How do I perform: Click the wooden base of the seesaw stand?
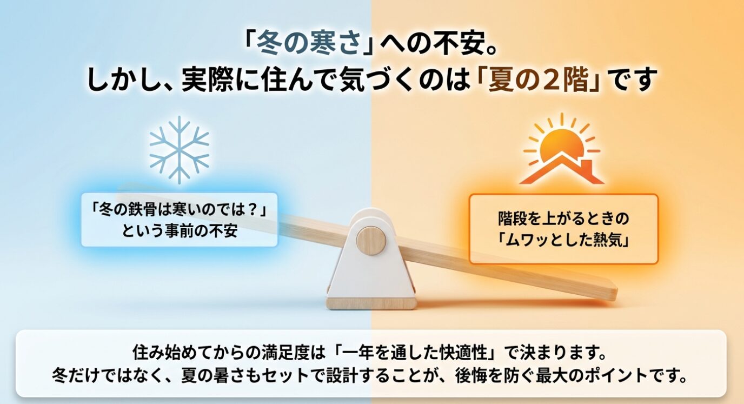(371, 302)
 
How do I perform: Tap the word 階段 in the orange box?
(513, 219)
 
